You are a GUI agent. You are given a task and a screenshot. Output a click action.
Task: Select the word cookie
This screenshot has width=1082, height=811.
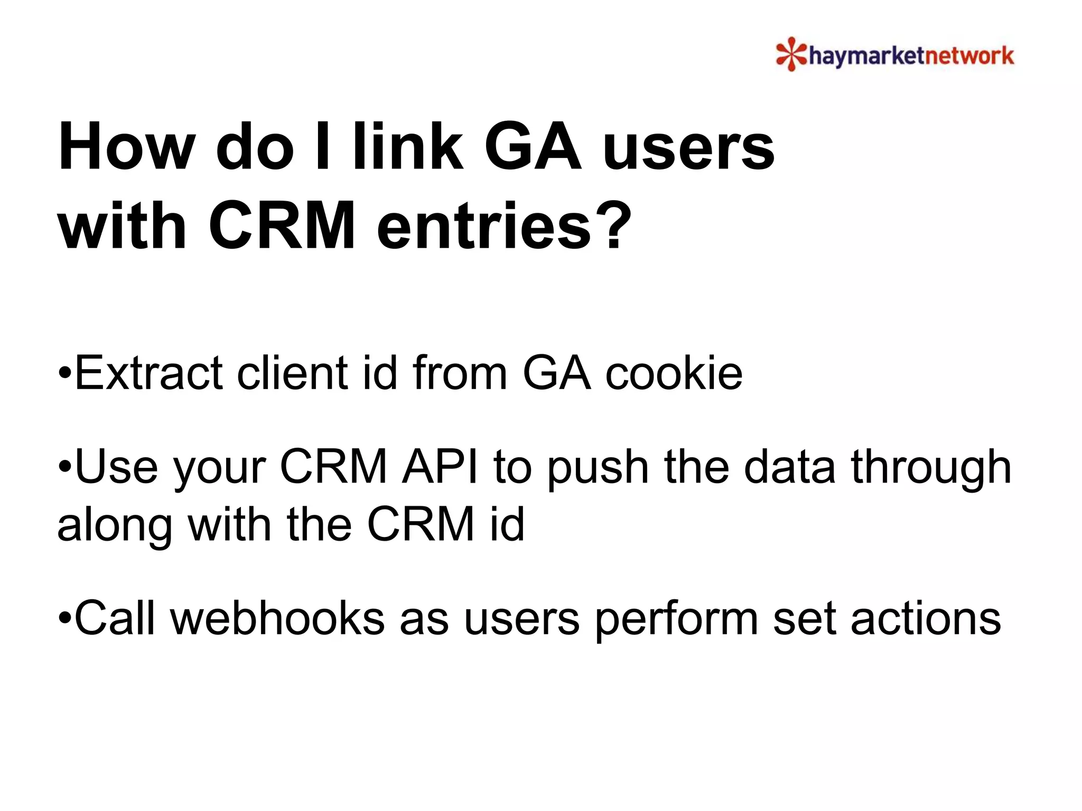pyautogui.click(x=674, y=373)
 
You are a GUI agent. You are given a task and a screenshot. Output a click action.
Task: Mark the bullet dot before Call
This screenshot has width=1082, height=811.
pyautogui.click(x=65, y=618)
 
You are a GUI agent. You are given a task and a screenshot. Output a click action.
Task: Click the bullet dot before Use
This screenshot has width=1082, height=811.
pyautogui.click(x=65, y=467)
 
